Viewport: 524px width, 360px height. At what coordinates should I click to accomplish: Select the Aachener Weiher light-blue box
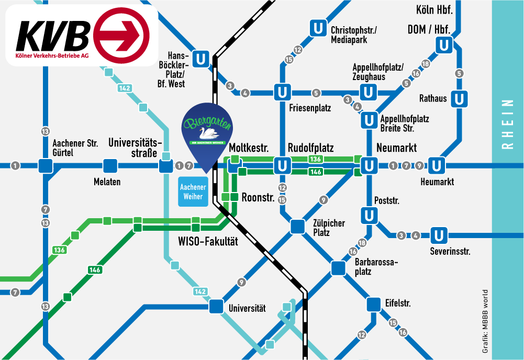pyautogui.click(x=193, y=192)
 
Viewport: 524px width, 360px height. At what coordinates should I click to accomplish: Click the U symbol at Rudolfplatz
pyautogui.click(x=283, y=166)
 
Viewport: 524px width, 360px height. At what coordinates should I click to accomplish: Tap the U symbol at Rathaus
pyautogui.click(x=459, y=98)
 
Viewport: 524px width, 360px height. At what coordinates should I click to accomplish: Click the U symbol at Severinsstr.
pyautogui.click(x=438, y=235)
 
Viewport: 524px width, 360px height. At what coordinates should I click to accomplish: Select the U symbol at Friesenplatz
pyautogui.click(x=283, y=93)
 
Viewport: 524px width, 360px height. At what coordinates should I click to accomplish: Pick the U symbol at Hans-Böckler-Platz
pyautogui.click(x=200, y=58)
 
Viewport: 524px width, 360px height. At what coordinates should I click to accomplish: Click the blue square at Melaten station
pyautogui.click(x=110, y=166)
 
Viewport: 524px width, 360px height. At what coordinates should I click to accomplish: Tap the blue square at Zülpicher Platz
pyautogui.click(x=297, y=226)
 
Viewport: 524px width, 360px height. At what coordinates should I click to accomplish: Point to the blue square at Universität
pyautogui.click(x=216, y=307)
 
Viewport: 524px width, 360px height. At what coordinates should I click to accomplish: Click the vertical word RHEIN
pyautogui.click(x=507, y=125)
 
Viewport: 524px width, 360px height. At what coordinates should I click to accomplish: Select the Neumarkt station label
pyautogui.click(x=396, y=148)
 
